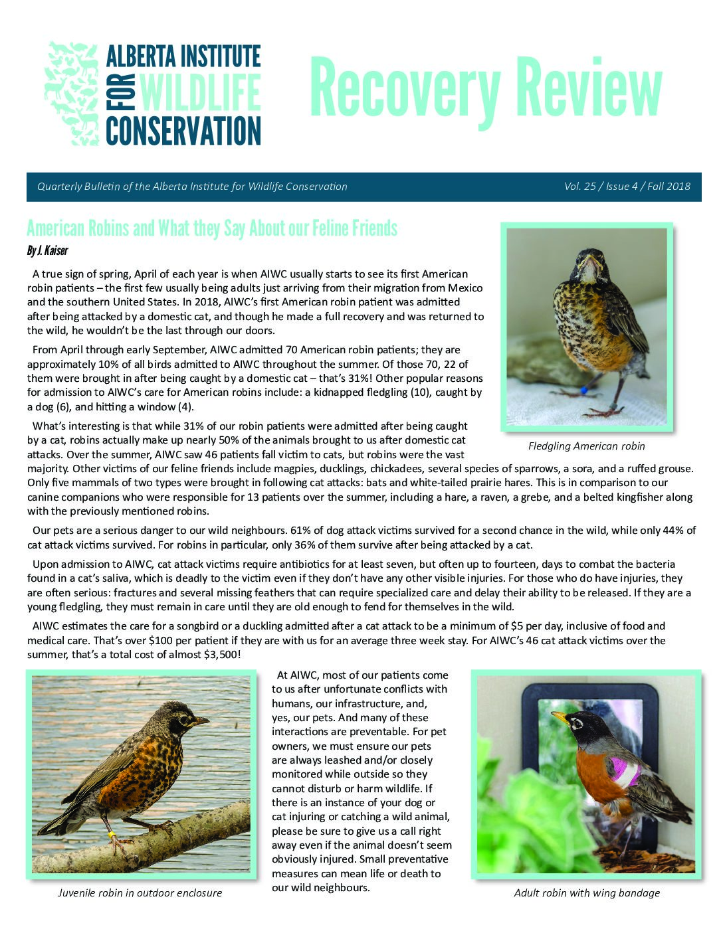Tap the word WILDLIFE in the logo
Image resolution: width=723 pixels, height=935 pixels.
point(199,94)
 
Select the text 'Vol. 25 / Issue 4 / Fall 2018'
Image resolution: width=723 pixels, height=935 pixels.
point(627,187)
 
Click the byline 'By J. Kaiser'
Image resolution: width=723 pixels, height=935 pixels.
point(47,250)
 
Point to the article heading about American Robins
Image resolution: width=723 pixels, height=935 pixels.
point(211,228)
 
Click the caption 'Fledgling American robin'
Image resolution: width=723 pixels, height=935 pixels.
point(586,446)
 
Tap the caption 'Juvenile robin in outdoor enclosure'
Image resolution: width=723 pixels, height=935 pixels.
point(140,892)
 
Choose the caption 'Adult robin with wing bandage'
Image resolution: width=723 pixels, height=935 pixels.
point(586,892)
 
